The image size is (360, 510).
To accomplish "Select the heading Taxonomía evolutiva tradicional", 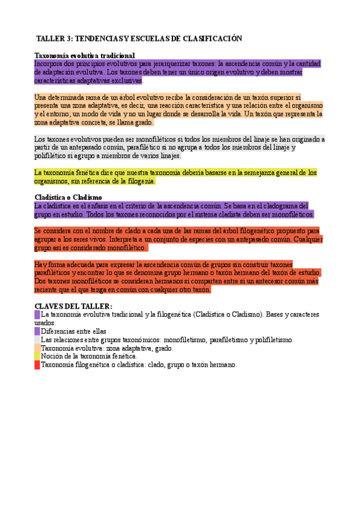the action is [x=84, y=56].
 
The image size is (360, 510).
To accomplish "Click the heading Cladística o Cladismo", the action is [x=68, y=197].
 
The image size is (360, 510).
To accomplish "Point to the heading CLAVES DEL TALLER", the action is [x=73, y=306].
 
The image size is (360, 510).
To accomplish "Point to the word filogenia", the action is [x=139, y=181].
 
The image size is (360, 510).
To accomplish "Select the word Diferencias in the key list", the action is [x=59, y=331].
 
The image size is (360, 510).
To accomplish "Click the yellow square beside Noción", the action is [x=37, y=357].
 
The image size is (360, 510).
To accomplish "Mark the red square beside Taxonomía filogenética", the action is [x=37, y=365].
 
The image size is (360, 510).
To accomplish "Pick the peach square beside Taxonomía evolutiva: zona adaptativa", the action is [x=37, y=348].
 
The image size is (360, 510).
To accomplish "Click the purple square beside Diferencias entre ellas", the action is [x=37, y=331].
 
